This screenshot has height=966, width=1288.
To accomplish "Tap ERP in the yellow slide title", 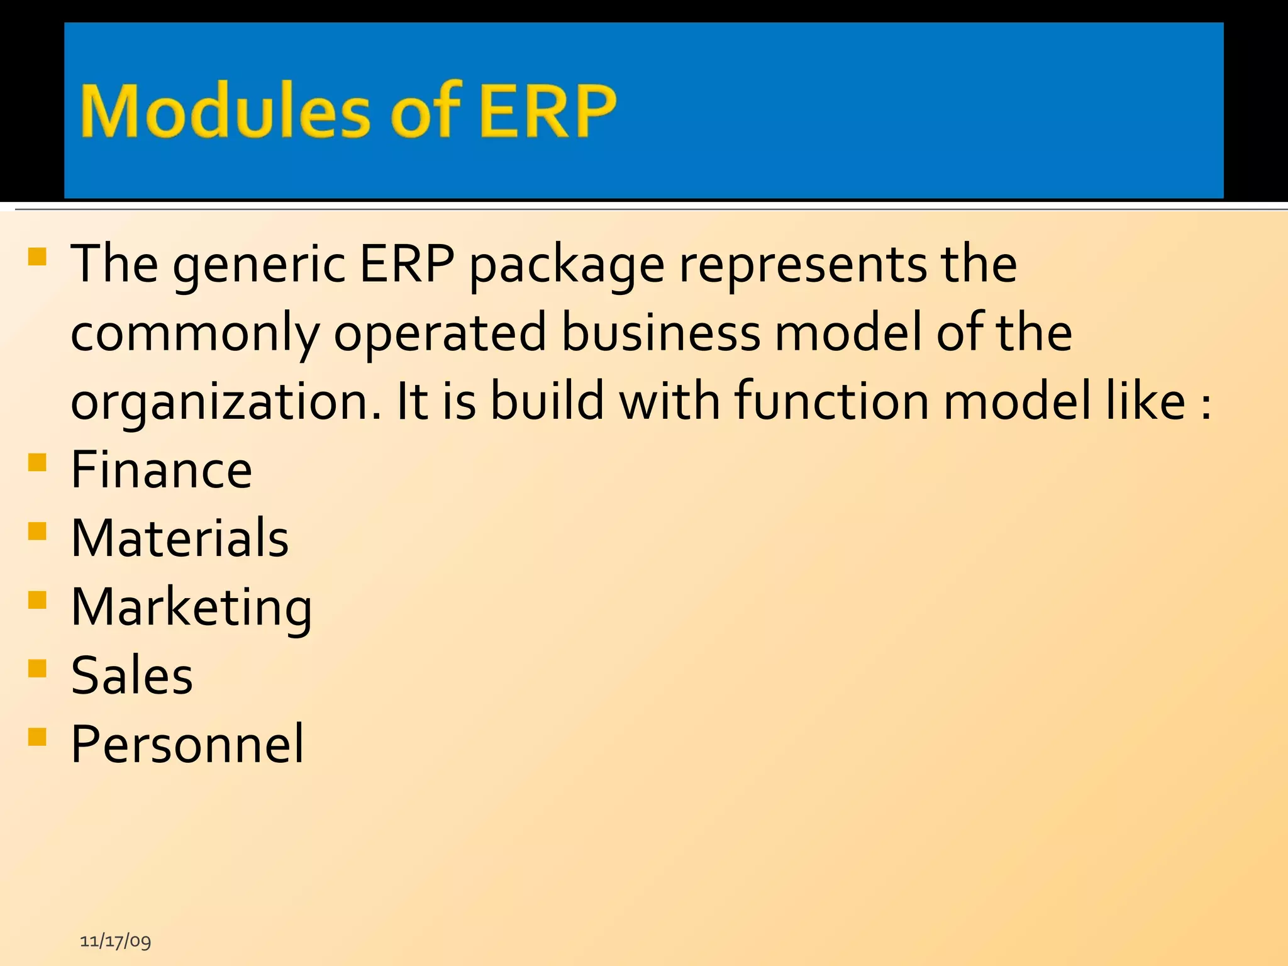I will click(x=547, y=111).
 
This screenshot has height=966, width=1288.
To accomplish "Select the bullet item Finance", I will click(x=162, y=470).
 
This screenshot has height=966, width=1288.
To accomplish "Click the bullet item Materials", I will click(x=180, y=538).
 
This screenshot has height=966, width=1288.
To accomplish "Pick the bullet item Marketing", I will click(x=191, y=608).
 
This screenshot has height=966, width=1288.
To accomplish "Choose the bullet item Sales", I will click(x=132, y=675).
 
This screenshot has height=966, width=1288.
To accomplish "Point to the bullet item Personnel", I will click(x=187, y=744).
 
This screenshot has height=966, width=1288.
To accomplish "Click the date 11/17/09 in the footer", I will click(x=116, y=941).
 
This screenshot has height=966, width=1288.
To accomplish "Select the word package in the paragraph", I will click(x=567, y=265).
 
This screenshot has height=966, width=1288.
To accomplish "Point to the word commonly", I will click(x=195, y=334).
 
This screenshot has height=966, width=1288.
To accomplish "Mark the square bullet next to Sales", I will click(x=38, y=668).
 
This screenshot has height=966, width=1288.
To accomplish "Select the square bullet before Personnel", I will click(x=38, y=736).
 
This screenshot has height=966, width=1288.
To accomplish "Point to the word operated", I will click(x=440, y=334).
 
